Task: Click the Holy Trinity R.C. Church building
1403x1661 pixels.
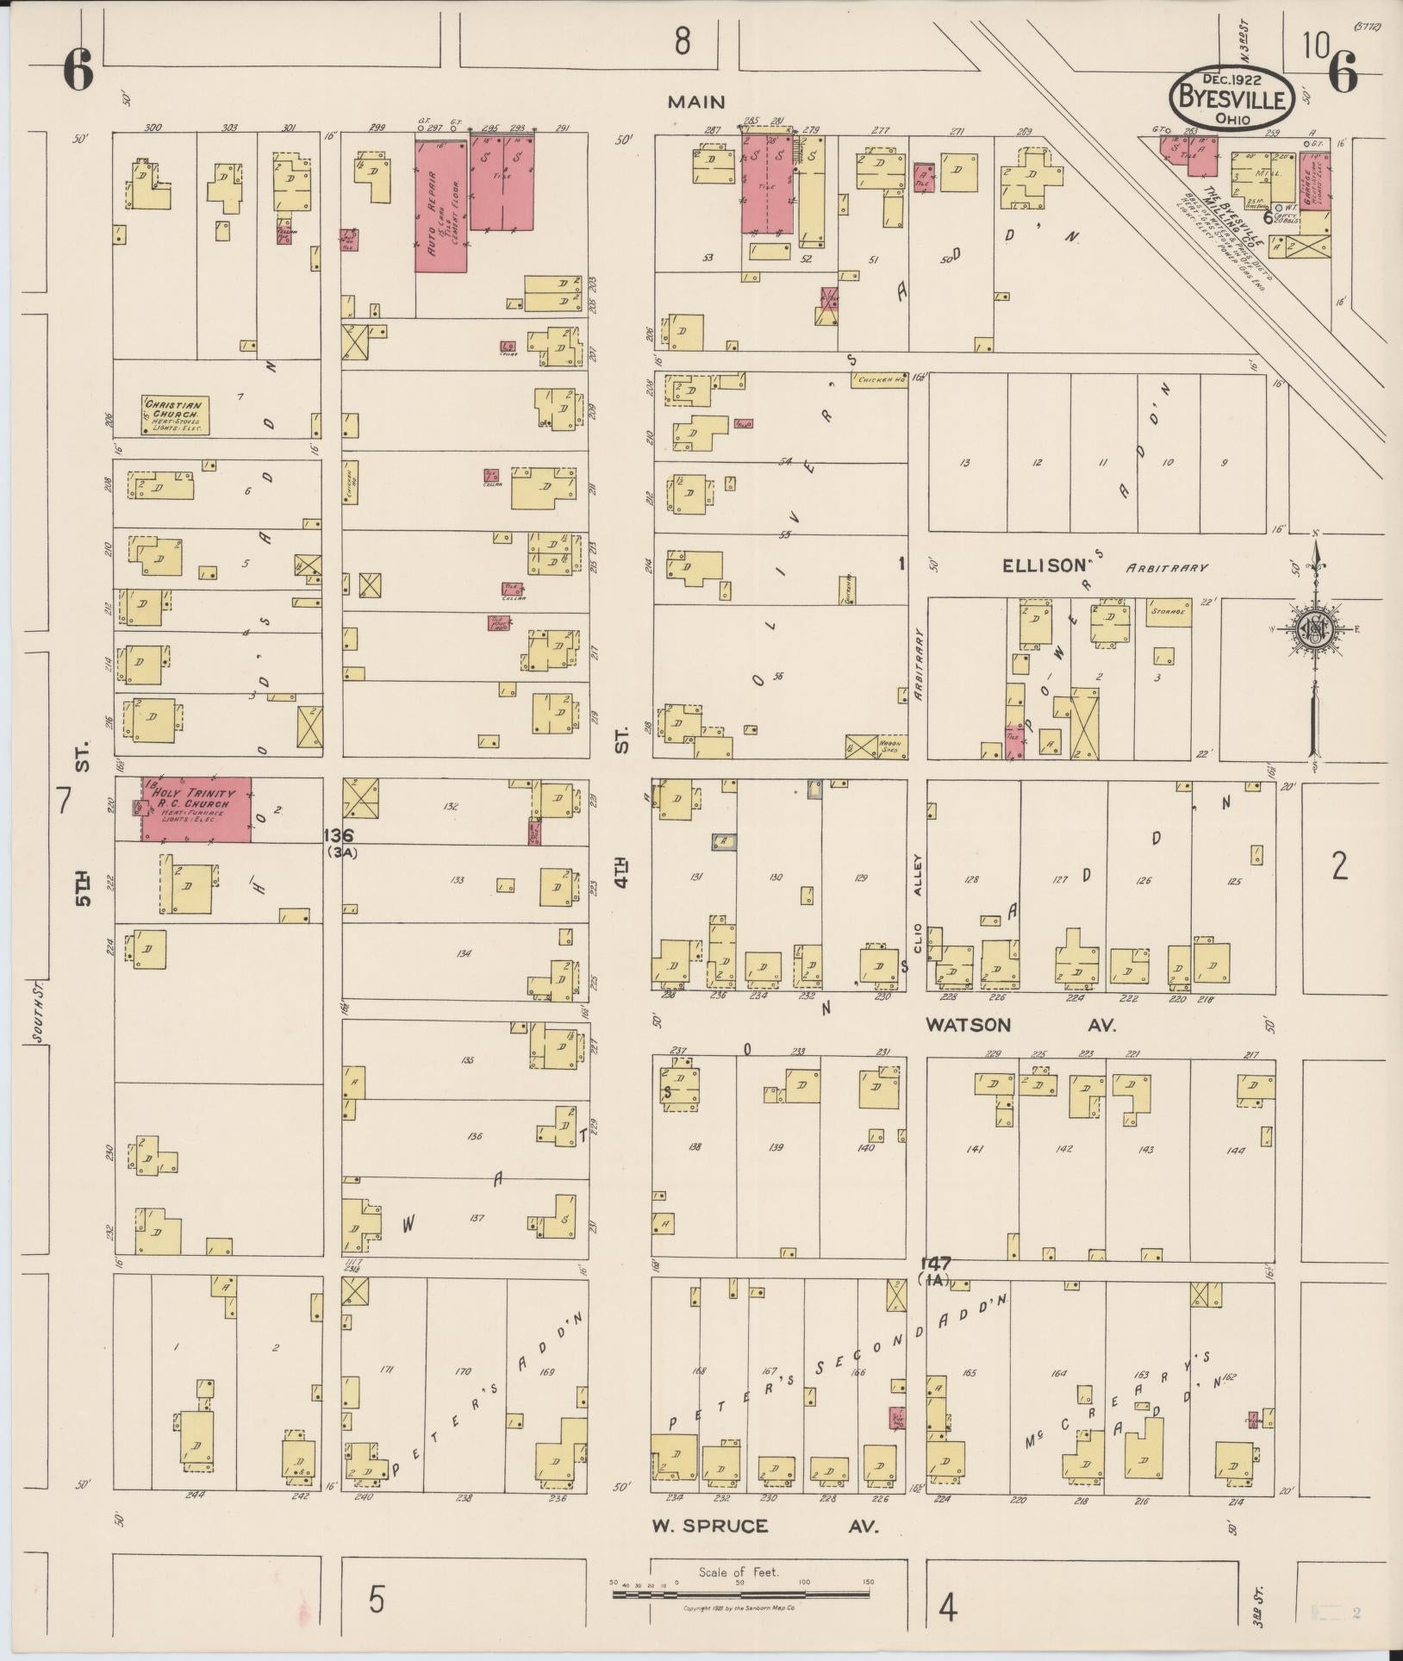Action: [x=197, y=809]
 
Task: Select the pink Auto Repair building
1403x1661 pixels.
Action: [x=441, y=207]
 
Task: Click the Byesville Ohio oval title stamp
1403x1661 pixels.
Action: [x=1231, y=99]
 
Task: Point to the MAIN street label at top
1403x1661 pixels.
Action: [x=696, y=102]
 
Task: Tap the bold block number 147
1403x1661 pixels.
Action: [x=934, y=1264]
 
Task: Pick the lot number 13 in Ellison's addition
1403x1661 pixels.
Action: [x=964, y=463]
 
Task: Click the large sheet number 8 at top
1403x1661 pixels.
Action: [x=683, y=41]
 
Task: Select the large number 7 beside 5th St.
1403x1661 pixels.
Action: [x=63, y=801]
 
